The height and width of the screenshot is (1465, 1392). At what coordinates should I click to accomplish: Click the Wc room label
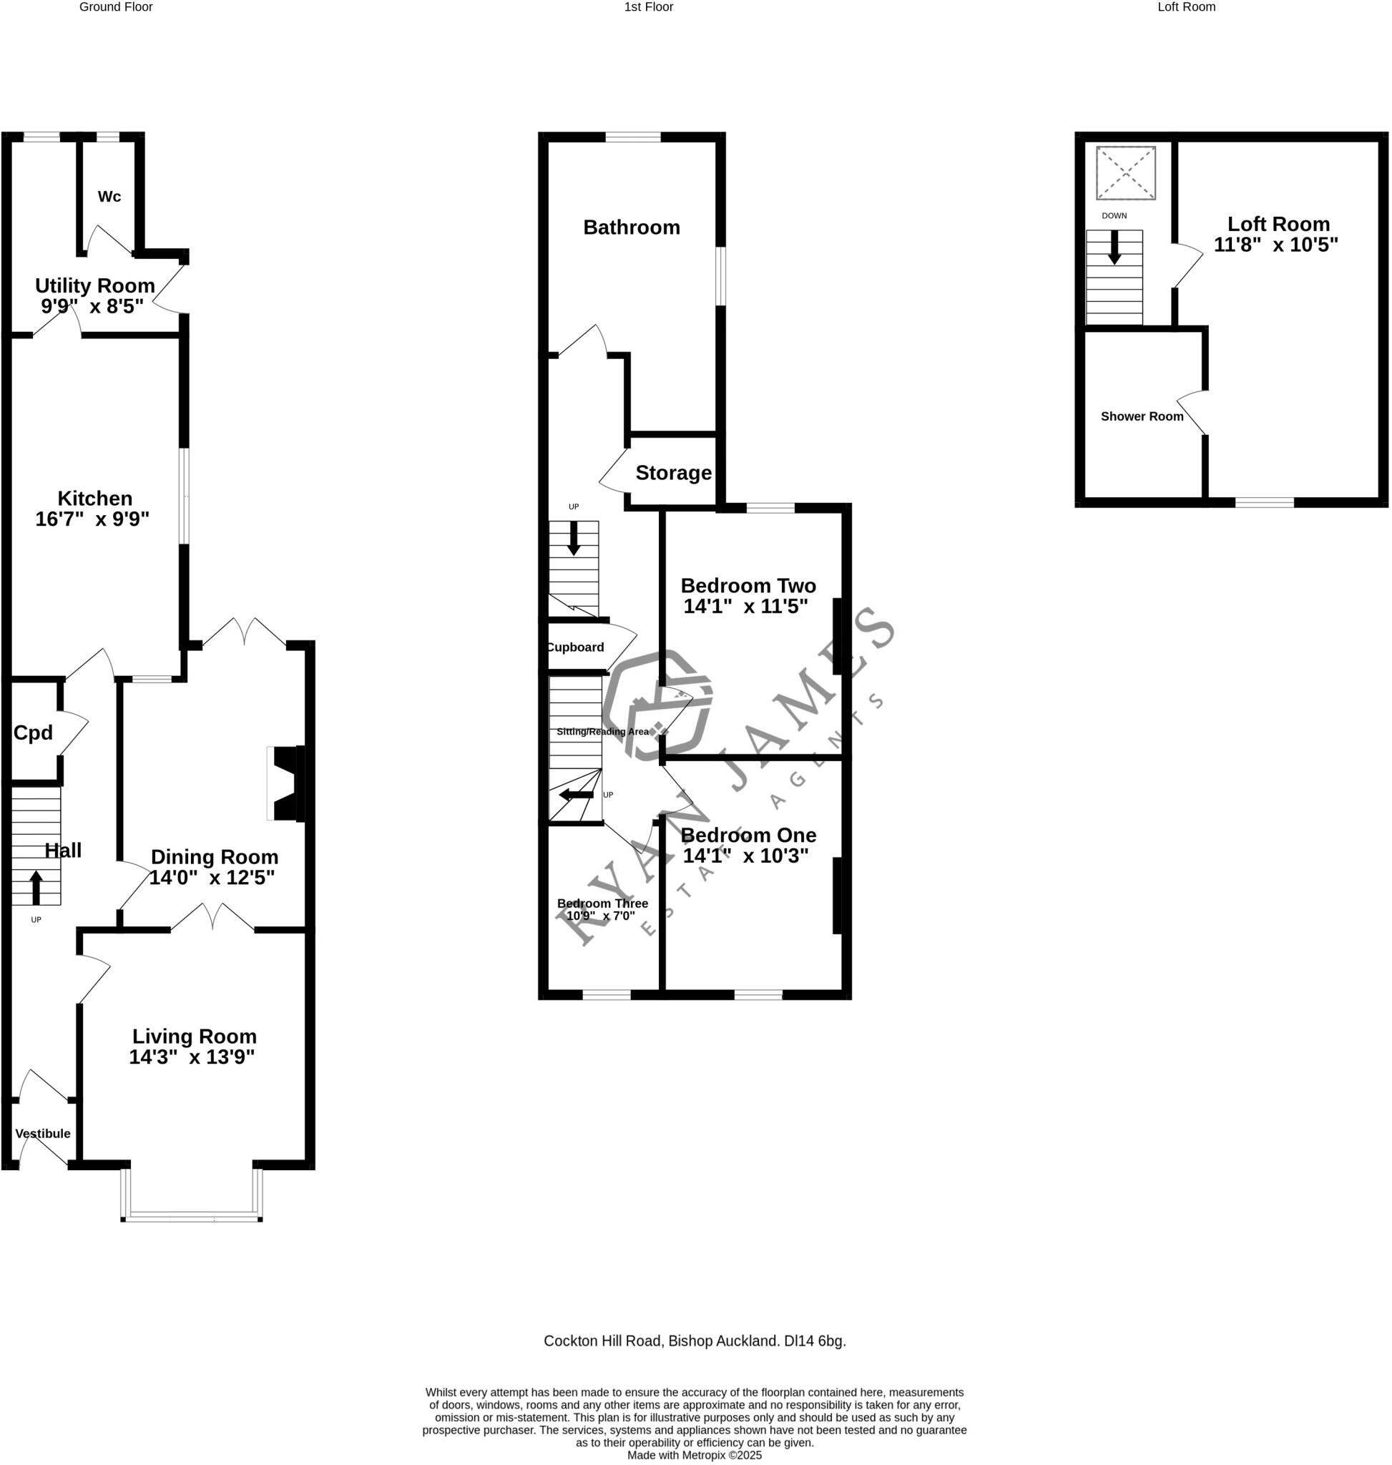[109, 197]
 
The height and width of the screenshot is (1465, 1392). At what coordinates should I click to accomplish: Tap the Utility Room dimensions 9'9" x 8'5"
[93, 306]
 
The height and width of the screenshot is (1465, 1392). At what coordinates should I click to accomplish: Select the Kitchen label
[95, 499]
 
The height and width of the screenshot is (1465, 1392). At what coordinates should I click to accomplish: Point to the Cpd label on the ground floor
[33, 733]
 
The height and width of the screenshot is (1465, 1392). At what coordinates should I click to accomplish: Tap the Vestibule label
[43, 1134]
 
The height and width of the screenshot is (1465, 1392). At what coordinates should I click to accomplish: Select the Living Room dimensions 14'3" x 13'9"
[192, 1057]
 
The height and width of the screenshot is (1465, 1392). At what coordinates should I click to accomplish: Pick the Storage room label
[673, 473]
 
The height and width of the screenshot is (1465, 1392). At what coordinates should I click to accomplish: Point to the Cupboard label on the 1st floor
[576, 647]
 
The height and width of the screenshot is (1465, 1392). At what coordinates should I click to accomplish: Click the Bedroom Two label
[748, 586]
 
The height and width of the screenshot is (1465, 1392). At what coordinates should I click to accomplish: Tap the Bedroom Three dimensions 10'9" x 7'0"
[600, 916]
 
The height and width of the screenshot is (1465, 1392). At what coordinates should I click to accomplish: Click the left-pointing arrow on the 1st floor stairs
[576, 795]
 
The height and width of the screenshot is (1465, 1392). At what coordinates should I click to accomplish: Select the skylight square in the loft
[1126, 173]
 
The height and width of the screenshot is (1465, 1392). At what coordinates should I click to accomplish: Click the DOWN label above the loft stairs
[1114, 216]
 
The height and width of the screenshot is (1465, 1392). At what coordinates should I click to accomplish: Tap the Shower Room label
[1141, 416]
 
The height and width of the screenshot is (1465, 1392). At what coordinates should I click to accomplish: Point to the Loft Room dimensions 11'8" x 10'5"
[1275, 245]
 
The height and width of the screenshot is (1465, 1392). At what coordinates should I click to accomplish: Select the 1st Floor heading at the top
[649, 7]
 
